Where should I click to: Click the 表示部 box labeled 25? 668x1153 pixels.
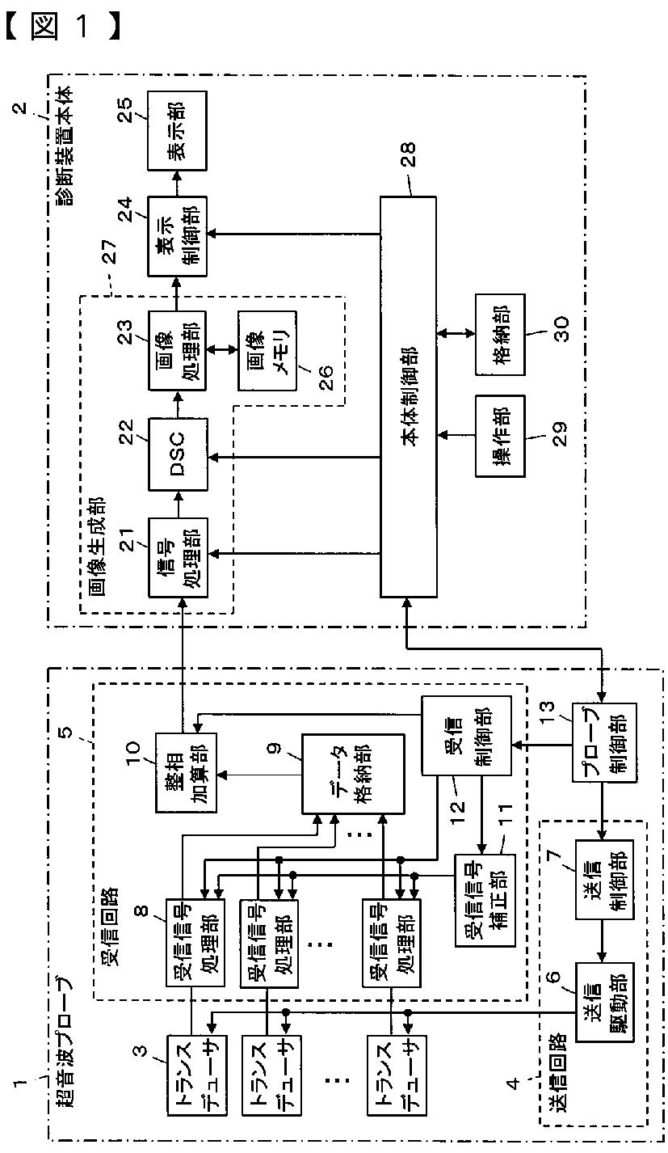(x=177, y=131)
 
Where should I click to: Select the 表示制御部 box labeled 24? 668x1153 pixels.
(x=177, y=236)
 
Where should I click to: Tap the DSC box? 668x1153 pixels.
(x=178, y=454)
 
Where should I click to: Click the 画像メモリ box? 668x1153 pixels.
(x=267, y=350)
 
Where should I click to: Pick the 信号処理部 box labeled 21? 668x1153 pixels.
(x=178, y=557)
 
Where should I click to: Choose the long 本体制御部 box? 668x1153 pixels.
(x=408, y=396)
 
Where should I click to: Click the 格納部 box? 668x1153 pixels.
(x=500, y=335)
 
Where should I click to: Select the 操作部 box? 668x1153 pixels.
(x=500, y=436)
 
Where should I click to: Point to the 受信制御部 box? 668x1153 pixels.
(x=466, y=736)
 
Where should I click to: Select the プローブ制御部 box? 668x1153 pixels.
(x=605, y=743)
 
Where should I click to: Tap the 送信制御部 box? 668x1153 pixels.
(x=604, y=880)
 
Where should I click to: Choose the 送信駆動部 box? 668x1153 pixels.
(x=604, y=1002)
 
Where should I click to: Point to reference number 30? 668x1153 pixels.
(x=561, y=329)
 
